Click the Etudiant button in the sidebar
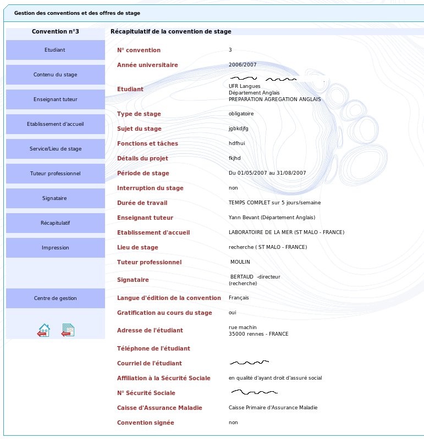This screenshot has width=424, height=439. [x=55, y=50]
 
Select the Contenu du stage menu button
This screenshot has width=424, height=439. [x=55, y=75]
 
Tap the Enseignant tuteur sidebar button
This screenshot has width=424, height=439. [x=55, y=99]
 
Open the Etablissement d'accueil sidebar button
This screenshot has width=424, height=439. [x=55, y=124]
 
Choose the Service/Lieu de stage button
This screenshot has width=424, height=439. [x=55, y=149]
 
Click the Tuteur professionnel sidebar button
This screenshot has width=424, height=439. [x=55, y=174]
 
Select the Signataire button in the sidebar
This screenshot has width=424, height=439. [x=55, y=198]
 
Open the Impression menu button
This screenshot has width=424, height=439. [x=55, y=248]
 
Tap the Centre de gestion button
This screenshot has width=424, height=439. [x=55, y=298]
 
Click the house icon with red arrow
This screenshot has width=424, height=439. [x=43, y=330]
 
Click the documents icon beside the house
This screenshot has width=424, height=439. [x=68, y=330]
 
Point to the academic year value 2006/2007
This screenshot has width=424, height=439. [x=243, y=65]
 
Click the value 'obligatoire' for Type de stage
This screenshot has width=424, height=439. [x=241, y=114]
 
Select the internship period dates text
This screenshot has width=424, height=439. [x=267, y=173]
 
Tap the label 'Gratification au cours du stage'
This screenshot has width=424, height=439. [x=164, y=313]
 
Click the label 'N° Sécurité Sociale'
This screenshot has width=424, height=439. [x=146, y=393]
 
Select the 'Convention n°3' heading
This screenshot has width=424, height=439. [x=55, y=32]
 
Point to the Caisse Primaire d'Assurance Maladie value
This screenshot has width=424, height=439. [x=273, y=408]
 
